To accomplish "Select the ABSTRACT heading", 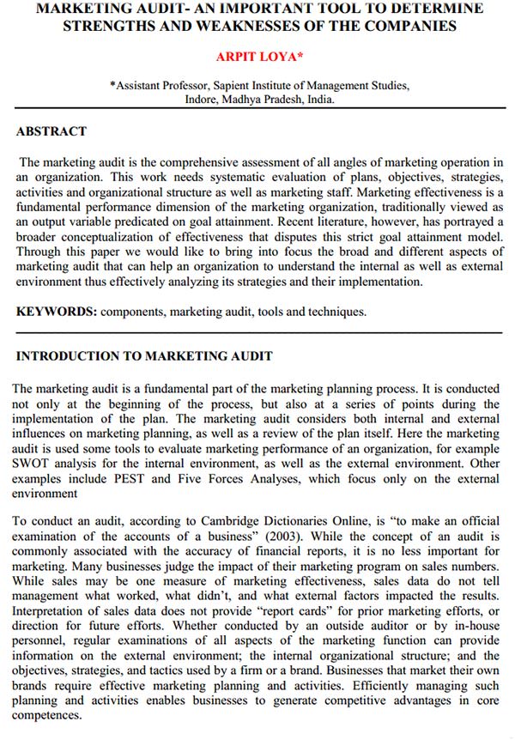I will (x=51, y=131).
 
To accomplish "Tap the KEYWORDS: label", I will (x=56, y=312).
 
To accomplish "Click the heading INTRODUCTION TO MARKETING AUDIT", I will (x=144, y=355).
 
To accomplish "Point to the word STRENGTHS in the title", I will (x=110, y=26).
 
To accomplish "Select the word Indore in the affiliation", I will (x=203, y=99).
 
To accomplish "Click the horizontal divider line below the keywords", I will (x=258, y=331).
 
